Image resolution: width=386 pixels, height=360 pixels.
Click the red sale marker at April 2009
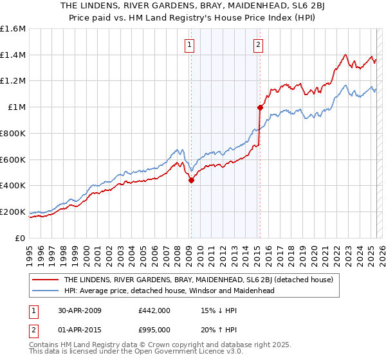click(191, 181)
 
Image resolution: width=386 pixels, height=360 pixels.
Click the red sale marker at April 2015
click(260, 108)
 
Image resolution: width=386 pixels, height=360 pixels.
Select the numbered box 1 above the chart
click(190, 45)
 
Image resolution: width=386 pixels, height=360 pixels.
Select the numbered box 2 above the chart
click(258, 45)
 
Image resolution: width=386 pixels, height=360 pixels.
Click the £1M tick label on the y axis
click(16, 107)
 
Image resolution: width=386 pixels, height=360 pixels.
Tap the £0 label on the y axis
click(21, 238)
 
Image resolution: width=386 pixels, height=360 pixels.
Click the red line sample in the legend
click(46, 280)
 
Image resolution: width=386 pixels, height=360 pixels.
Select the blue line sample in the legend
click(46, 291)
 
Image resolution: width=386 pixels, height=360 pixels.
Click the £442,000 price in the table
click(154, 310)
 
